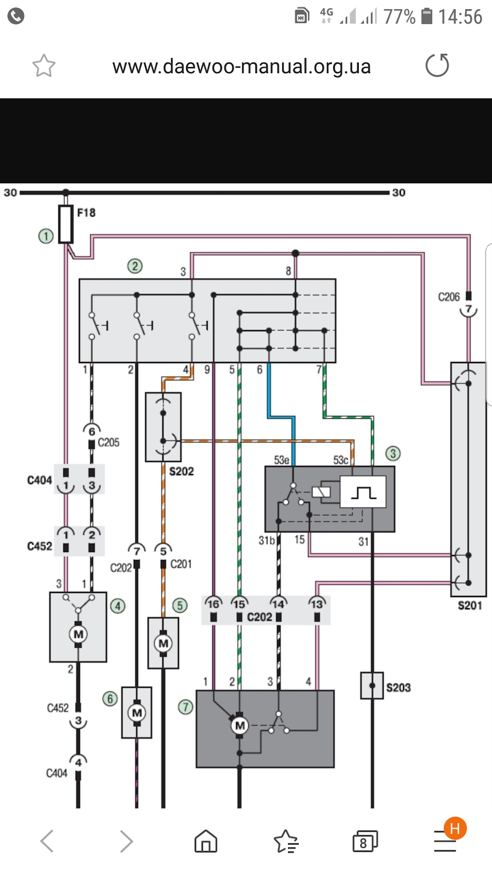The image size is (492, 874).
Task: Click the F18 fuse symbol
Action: point(66,224)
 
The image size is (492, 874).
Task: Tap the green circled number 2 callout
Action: point(135,266)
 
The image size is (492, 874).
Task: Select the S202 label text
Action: point(181,472)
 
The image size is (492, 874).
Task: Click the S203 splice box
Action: point(372,686)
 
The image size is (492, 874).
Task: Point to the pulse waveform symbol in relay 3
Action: point(363,493)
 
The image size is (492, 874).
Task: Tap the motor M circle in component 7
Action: point(239,726)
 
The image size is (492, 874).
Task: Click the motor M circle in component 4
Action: point(78,634)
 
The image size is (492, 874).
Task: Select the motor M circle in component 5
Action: point(163,643)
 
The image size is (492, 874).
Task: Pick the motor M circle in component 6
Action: point(137,713)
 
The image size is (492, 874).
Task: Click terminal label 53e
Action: point(281,460)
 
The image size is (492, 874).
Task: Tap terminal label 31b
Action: point(266,540)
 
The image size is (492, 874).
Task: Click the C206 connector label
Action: point(448,297)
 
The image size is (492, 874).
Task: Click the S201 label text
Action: point(470,606)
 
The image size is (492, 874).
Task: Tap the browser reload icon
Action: point(437,65)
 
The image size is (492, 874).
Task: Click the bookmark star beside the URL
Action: point(44,65)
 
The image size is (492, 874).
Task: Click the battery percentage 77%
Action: point(399,17)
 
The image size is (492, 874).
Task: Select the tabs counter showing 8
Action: point(365,841)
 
